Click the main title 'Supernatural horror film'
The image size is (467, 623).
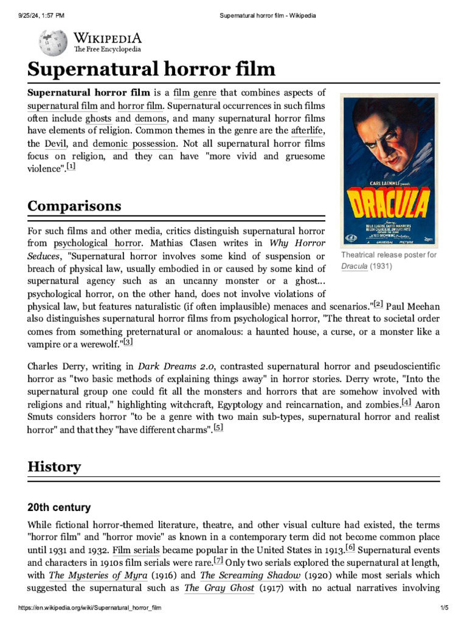coord(151,69)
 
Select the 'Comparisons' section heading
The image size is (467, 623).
coord(74,206)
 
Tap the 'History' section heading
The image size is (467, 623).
coord(54,467)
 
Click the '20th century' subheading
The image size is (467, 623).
coord(59,507)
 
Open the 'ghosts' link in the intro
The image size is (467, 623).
coord(99,118)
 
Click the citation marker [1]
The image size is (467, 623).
coord(71,167)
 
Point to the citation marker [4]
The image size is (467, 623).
coord(406,402)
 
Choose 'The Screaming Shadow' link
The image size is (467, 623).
coord(250,575)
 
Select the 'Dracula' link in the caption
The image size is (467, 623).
coord(354,266)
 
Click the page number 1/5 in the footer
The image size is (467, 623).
coord(444,608)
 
